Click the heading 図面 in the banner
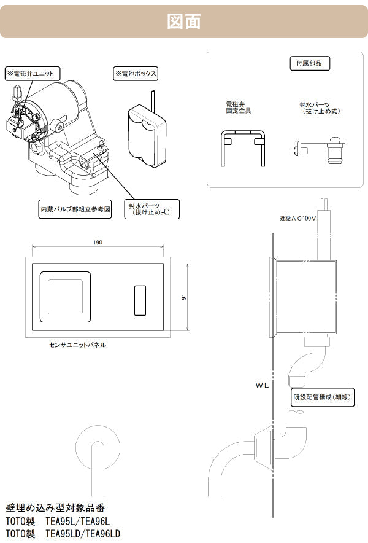coord(184,21)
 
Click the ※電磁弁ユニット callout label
coord(31,73)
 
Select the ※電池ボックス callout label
coord(136,74)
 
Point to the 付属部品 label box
coord(309,63)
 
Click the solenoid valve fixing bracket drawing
coord(243,147)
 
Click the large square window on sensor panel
coord(65,297)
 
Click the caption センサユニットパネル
coord(77,345)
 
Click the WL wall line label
coord(263,388)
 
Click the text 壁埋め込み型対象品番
coord(55,508)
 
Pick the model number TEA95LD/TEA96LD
coord(83,534)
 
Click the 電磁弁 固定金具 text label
coord(239,108)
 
